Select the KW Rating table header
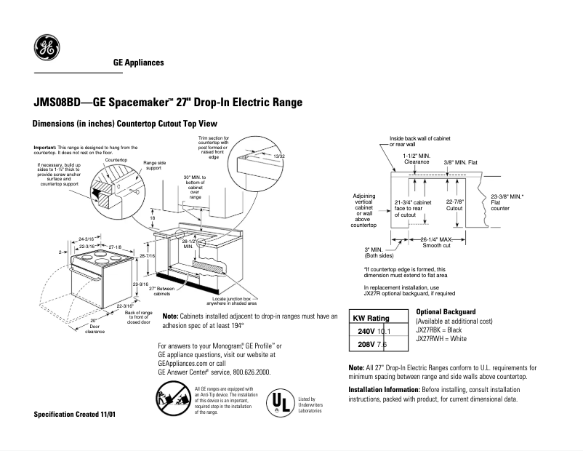tap(371, 318)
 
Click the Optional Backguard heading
tap(446, 311)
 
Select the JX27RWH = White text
tap(441, 339)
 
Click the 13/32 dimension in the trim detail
tap(278, 156)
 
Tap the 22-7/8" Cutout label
tap(454, 204)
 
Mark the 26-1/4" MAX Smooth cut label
tap(435, 242)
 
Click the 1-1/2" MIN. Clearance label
tap(417, 159)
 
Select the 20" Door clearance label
tap(95, 325)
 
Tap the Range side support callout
tap(155, 165)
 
